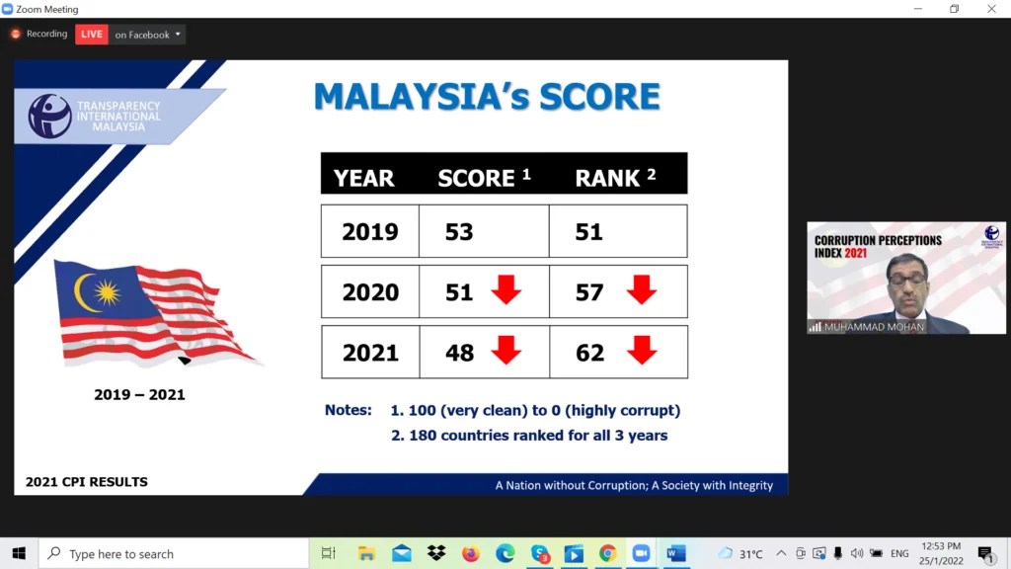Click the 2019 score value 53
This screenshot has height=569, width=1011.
[x=459, y=232]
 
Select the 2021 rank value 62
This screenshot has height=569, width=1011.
[x=589, y=353]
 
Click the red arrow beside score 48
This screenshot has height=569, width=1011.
[x=506, y=350]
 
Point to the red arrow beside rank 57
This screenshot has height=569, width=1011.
[x=642, y=289]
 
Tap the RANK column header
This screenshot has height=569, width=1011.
[x=608, y=178]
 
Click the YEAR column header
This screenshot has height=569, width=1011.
[x=363, y=178]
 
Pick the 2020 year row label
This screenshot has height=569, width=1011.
[x=370, y=292]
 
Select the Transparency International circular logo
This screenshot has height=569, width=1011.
[x=49, y=116]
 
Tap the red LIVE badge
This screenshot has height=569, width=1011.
[x=92, y=35]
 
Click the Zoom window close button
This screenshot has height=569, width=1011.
[x=991, y=9]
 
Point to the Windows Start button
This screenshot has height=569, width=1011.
[x=19, y=553]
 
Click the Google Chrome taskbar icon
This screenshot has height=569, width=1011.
[x=607, y=553]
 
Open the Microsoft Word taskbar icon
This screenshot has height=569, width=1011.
[x=676, y=553]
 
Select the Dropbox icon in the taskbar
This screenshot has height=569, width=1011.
[x=436, y=553]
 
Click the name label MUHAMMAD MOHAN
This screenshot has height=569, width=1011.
[x=867, y=326]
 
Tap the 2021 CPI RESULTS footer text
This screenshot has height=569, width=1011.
[x=87, y=482]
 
